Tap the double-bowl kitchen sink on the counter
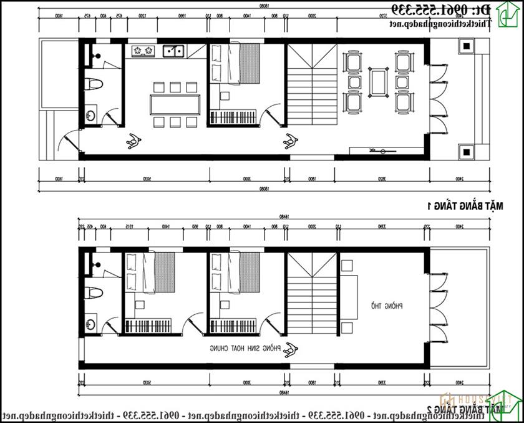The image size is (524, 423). point(173,51)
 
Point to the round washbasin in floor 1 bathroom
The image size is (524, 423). point(91,114)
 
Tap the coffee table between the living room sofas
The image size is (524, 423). point(378,81)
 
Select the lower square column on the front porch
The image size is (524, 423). point(465,150)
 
